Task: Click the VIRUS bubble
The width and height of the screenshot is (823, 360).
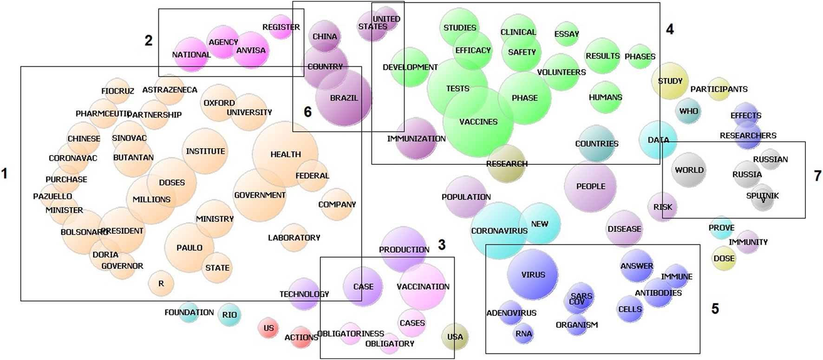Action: click(533, 275)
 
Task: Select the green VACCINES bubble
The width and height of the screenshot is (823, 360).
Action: click(478, 122)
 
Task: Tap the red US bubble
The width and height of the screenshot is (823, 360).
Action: click(268, 328)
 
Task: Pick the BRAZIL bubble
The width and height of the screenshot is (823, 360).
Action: click(344, 98)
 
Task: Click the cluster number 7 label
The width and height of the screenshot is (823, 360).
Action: click(817, 176)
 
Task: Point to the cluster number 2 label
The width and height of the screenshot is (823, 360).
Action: click(148, 40)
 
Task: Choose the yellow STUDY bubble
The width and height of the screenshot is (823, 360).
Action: click(670, 81)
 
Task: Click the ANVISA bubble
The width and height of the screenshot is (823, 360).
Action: click(251, 50)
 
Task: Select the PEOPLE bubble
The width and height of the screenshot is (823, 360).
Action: click(590, 186)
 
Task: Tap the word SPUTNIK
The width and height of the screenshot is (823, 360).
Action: click(762, 196)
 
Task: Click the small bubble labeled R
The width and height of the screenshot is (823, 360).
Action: click(161, 283)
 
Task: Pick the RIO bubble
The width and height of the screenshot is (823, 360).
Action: click(229, 314)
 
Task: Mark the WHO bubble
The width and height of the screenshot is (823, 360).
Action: click(688, 111)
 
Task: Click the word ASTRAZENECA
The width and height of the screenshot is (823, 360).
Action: click(170, 90)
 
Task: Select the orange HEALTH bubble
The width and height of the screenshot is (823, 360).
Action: click(285, 154)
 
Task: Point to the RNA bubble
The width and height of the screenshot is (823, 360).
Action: click(523, 334)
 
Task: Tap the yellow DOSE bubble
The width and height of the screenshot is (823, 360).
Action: click(724, 258)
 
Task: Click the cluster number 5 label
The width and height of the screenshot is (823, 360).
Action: click(715, 308)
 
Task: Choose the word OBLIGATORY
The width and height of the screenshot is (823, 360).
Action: click(390, 344)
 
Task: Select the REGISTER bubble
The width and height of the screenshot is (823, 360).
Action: click(281, 27)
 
